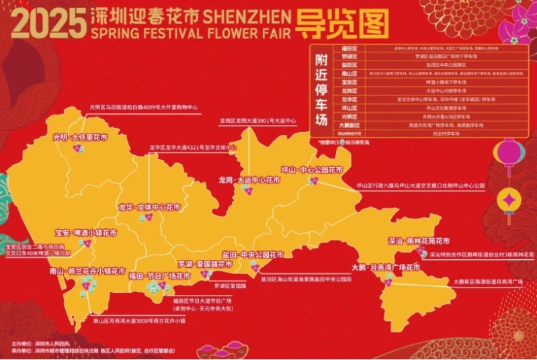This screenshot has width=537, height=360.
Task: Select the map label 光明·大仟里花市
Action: pyautogui.click(x=80, y=136)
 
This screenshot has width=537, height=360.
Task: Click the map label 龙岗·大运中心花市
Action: pyautogui.click(x=249, y=180)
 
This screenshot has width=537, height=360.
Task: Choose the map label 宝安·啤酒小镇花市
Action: pyautogui.click(x=85, y=232)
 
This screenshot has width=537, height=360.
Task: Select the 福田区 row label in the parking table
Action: pyautogui.click(x=349, y=48)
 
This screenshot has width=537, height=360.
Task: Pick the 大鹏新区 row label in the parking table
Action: pyautogui.click(x=349, y=125)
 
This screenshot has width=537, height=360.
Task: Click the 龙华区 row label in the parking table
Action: pyautogui.click(x=349, y=99)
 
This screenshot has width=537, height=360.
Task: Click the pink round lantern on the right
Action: pyautogui.click(x=509, y=152)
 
